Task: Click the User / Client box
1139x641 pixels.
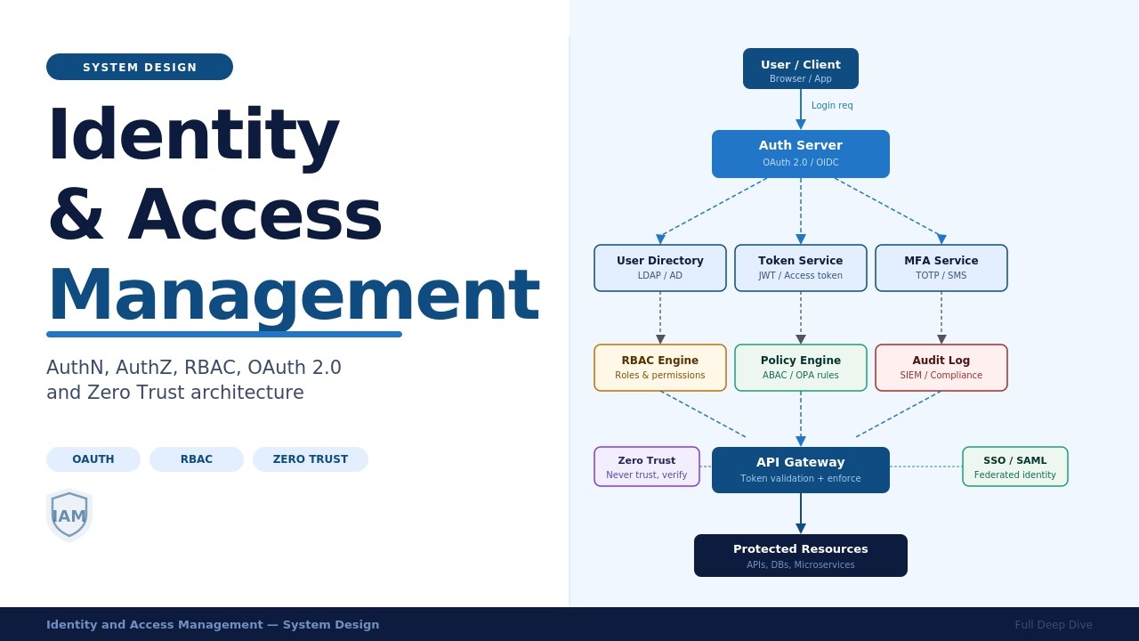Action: point(801,69)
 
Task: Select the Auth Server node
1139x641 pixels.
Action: point(801,154)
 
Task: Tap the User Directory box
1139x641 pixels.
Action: point(660,268)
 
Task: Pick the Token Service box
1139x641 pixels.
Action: point(801,268)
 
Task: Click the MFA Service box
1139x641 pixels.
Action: point(941,268)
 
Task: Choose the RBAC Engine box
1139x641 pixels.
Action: point(660,368)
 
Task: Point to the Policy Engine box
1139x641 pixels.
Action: point(801,368)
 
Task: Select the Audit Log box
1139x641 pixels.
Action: point(941,368)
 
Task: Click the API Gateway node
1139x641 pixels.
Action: point(801,470)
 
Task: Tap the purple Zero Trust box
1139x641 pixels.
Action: point(647,467)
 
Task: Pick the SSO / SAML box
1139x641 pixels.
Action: point(1015,467)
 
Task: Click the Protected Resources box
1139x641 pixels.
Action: point(801,556)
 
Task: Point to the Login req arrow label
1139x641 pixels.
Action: point(832,106)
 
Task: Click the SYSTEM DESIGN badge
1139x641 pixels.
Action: point(140,67)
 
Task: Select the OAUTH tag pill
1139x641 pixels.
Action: point(93,459)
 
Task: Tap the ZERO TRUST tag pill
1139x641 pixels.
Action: point(311,459)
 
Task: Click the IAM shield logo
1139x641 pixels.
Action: point(69,515)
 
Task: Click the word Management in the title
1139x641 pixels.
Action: point(293,295)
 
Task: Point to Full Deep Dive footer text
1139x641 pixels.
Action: point(1053,625)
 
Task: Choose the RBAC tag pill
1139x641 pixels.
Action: point(197,459)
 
